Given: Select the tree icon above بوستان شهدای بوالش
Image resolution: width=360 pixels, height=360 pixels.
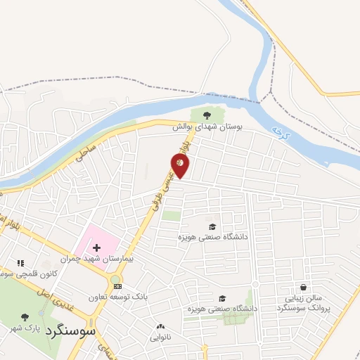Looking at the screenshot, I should (206, 115).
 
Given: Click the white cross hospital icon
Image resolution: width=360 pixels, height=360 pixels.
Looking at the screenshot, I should (96, 248).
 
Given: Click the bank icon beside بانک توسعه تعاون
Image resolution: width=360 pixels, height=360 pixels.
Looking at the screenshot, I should (117, 286).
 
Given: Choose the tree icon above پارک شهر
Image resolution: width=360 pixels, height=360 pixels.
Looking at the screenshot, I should (25, 317).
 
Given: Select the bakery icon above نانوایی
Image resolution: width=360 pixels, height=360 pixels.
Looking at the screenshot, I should (160, 326).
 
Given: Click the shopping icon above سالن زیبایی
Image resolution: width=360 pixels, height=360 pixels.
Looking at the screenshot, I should (303, 287).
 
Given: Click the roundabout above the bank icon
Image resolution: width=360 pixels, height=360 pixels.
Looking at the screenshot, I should (115, 281).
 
